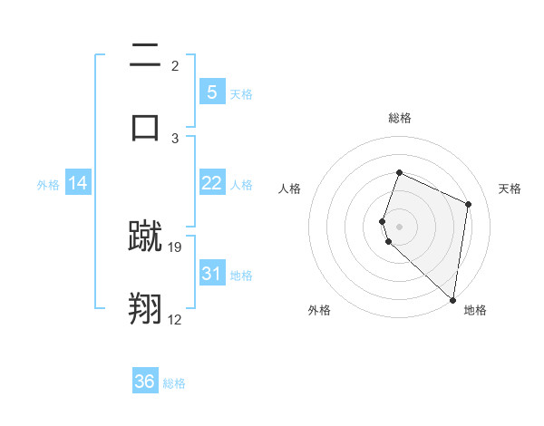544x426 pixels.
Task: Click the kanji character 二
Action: (x=146, y=56)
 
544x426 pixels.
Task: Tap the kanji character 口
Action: (x=146, y=126)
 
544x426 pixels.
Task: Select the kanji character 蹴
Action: (x=146, y=237)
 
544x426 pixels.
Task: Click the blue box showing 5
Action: (x=211, y=92)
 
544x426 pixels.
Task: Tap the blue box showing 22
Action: (x=211, y=183)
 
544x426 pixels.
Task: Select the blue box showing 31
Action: (x=211, y=274)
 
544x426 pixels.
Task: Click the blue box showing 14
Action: (x=78, y=183)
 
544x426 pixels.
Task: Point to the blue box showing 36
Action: (x=145, y=382)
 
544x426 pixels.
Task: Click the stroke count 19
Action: (x=176, y=247)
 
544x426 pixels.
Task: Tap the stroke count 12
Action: (x=175, y=319)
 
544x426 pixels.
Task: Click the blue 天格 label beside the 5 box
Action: (x=241, y=94)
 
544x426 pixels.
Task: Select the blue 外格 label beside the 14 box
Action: (x=48, y=185)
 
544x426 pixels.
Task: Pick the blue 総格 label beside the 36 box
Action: (x=174, y=383)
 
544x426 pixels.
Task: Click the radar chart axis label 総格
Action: (x=399, y=118)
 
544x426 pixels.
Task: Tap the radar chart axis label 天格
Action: (x=510, y=189)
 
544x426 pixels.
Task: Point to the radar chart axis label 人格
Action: (x=290, y=189)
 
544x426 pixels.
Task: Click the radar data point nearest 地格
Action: (x=453, y=300)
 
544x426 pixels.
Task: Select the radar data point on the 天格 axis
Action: (x=468, y=204)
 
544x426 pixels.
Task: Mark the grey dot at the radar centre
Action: (x=399, y=226)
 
